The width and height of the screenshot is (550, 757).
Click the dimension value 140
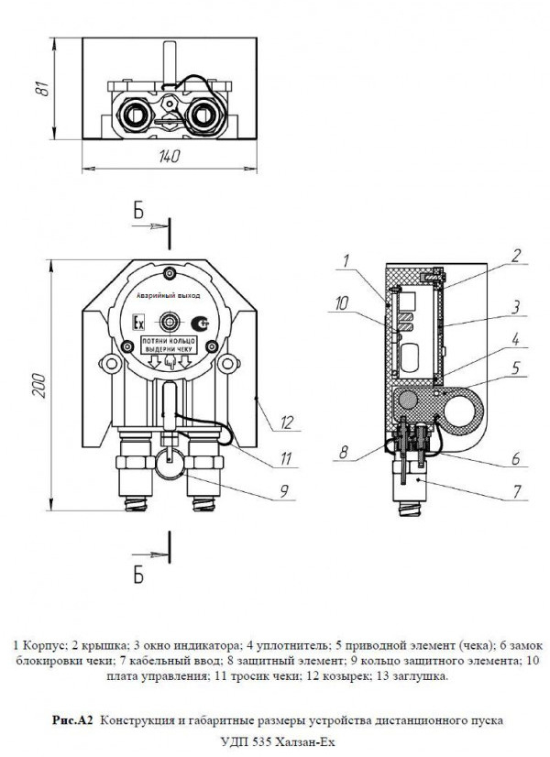[x=168, y=158]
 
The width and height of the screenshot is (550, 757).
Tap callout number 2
[x=517, y=255]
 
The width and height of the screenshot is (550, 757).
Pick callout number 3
[x=517, y=306]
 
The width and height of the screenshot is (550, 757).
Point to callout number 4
[x=517, y=340]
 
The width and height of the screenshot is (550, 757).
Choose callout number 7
[x=517, y=491]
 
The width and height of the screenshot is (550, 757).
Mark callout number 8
[x=343, y=451]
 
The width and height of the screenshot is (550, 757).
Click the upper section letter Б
[x=138, y=212]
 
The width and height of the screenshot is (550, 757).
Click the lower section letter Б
[x=138, y=575]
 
